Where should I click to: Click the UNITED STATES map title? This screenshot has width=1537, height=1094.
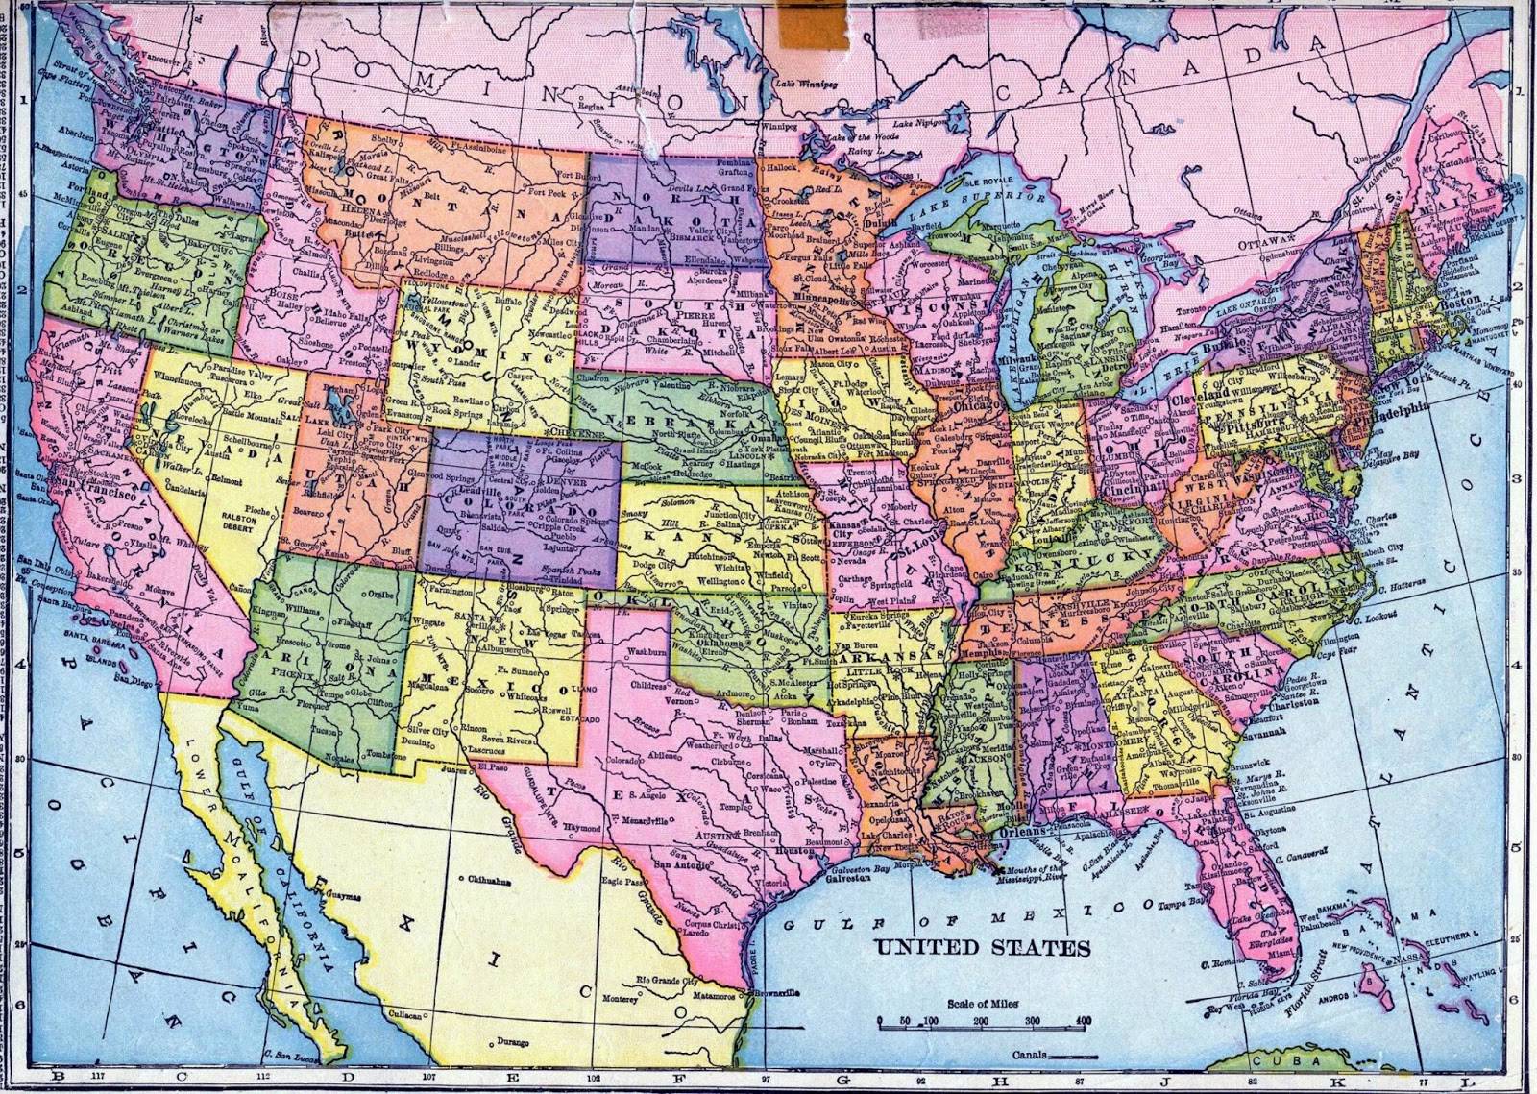click(982, 948)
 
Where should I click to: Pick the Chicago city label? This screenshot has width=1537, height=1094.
click(980, 406)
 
